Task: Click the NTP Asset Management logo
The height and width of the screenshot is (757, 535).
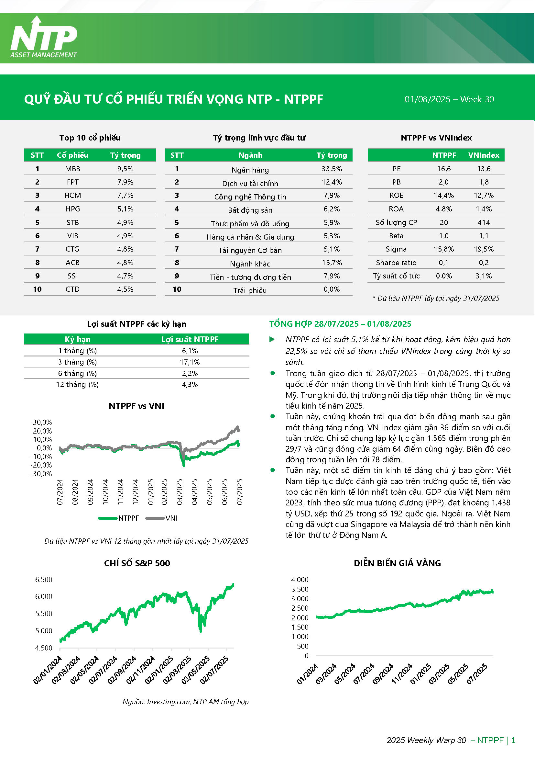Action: coord(43,37)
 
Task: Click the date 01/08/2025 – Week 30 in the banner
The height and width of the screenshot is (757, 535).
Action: coord(449,99)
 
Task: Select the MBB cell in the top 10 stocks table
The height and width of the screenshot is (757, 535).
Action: coord(72,169)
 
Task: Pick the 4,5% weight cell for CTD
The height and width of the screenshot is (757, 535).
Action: coord(125,289)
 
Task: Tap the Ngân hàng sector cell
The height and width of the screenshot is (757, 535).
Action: coord(250,170)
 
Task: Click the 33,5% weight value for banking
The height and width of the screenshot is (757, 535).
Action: coord(332,169)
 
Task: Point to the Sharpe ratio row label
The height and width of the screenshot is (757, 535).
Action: coord(396,263)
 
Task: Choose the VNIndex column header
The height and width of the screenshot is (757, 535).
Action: coord(484,155)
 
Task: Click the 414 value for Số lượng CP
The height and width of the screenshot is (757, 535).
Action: coord(484,222)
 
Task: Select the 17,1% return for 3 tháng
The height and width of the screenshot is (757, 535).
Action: coord(190,362)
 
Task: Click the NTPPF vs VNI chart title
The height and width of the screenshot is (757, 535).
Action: coord(136,406)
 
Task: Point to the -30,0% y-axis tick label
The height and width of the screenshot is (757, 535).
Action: coord(41,474)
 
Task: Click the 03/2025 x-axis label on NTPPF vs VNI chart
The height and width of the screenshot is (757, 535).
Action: coord(180,492)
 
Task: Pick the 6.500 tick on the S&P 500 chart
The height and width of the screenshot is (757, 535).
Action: coord(44,580)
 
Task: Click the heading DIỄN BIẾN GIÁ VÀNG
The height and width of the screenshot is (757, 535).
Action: coord(397,563)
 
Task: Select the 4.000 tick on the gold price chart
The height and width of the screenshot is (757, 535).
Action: coord(300,580)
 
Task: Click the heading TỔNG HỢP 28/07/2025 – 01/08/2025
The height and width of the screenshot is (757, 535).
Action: coord(340,324)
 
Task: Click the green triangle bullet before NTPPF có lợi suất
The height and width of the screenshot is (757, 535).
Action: coord(272,339)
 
